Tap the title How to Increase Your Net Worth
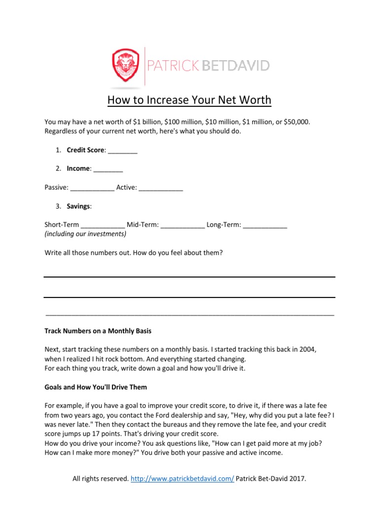pyautogui.click(x=189, y=100)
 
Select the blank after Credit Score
pyautogui.click(x=122, y=151)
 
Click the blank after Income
pyautogui.click(x=108, y=169)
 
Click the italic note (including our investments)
pyautogui.click(x=85, y=234)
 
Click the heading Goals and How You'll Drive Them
pyautogui.click(x=96, y=387)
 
